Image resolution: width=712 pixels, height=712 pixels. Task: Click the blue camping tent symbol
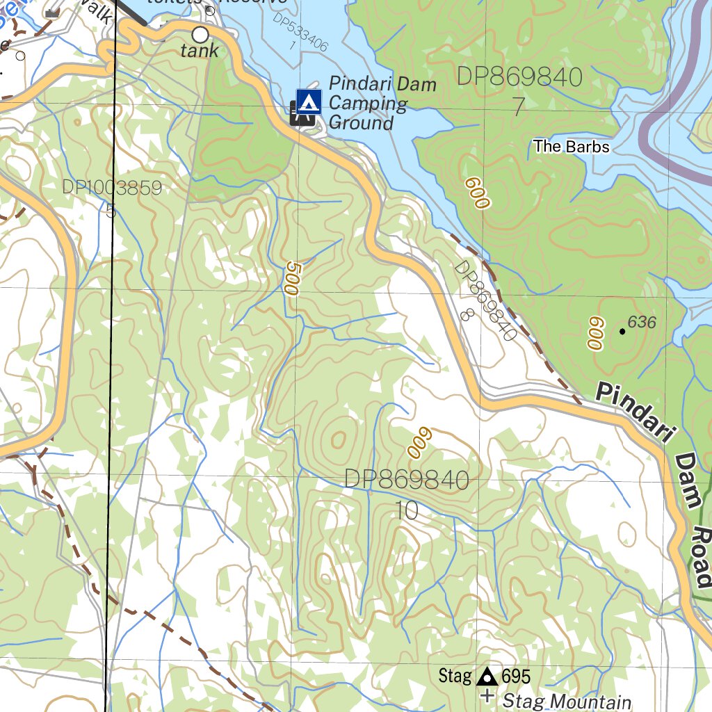pyautogui.click(x=309, y=102)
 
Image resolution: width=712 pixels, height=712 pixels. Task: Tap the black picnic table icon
pyautogui.click(x=302, y=113)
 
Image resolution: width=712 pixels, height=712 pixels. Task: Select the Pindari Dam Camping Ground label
pyautogui.click(x=382, y=104)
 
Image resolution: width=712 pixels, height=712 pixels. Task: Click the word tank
pyautogui.click(x=200, y=51)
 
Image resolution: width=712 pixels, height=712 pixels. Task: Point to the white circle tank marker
pyautogui.click(x=200, y=33)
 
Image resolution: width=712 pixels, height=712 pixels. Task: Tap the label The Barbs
pyautogui.click(x=572, y=147)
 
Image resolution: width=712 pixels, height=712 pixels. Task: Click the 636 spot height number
pyautogui.click(x=642, y=322)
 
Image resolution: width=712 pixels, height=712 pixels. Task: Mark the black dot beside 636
pyautogui.click(x=622, y=332)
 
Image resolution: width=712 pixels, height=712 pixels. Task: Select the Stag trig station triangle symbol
pyautogui.click(x=487, y=676)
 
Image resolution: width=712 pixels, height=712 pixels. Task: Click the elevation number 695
pyautogui.click(x=516, y=676)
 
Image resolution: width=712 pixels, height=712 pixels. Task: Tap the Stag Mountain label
pyautogui.click(x=567, y=702)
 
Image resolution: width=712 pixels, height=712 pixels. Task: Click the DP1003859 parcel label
pyautogui.click(x=111, y=188)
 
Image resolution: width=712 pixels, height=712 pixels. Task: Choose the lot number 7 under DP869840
pyautogui.click(x=518, y=106)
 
